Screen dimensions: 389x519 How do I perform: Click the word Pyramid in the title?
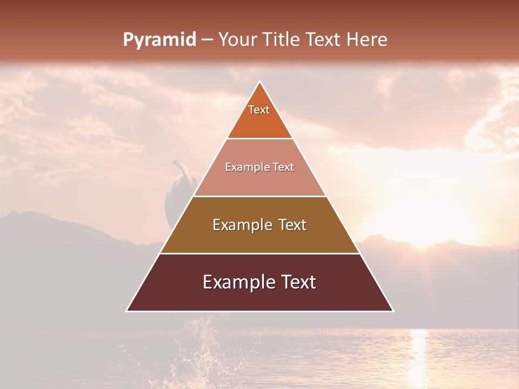159,39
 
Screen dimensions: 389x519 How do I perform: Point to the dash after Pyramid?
207,40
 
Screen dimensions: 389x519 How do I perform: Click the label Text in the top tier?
259,110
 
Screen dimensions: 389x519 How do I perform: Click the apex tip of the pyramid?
260,82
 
